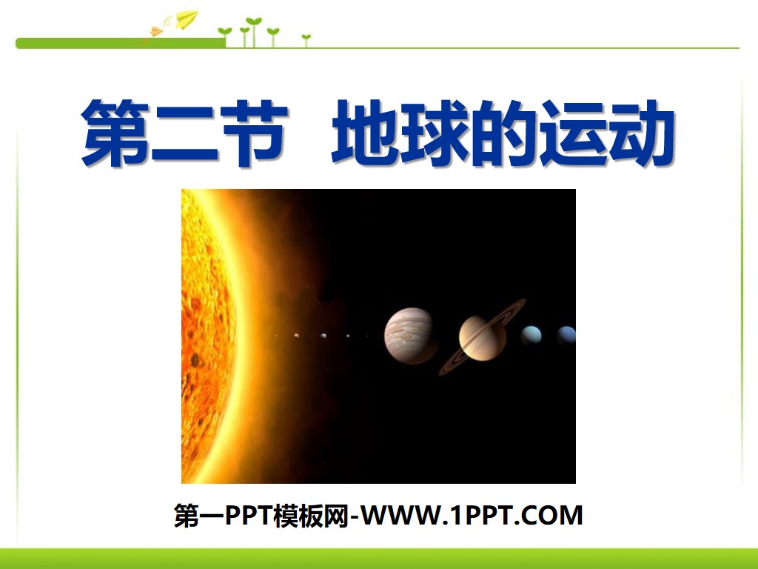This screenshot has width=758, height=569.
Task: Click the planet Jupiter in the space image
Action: [x=409, y=336]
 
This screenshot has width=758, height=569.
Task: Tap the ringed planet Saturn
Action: [x=482, y=338]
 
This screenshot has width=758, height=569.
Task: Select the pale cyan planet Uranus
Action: [x=531, y=336]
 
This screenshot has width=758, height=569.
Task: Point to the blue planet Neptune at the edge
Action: [x=566, y=336]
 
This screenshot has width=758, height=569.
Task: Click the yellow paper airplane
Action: [x=186, y=18]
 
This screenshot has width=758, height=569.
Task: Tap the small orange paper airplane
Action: [x=157, y=31]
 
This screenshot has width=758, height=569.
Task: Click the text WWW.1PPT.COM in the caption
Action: [x=474, y=515]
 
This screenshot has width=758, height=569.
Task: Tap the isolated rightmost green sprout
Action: [x=306, y=39]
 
